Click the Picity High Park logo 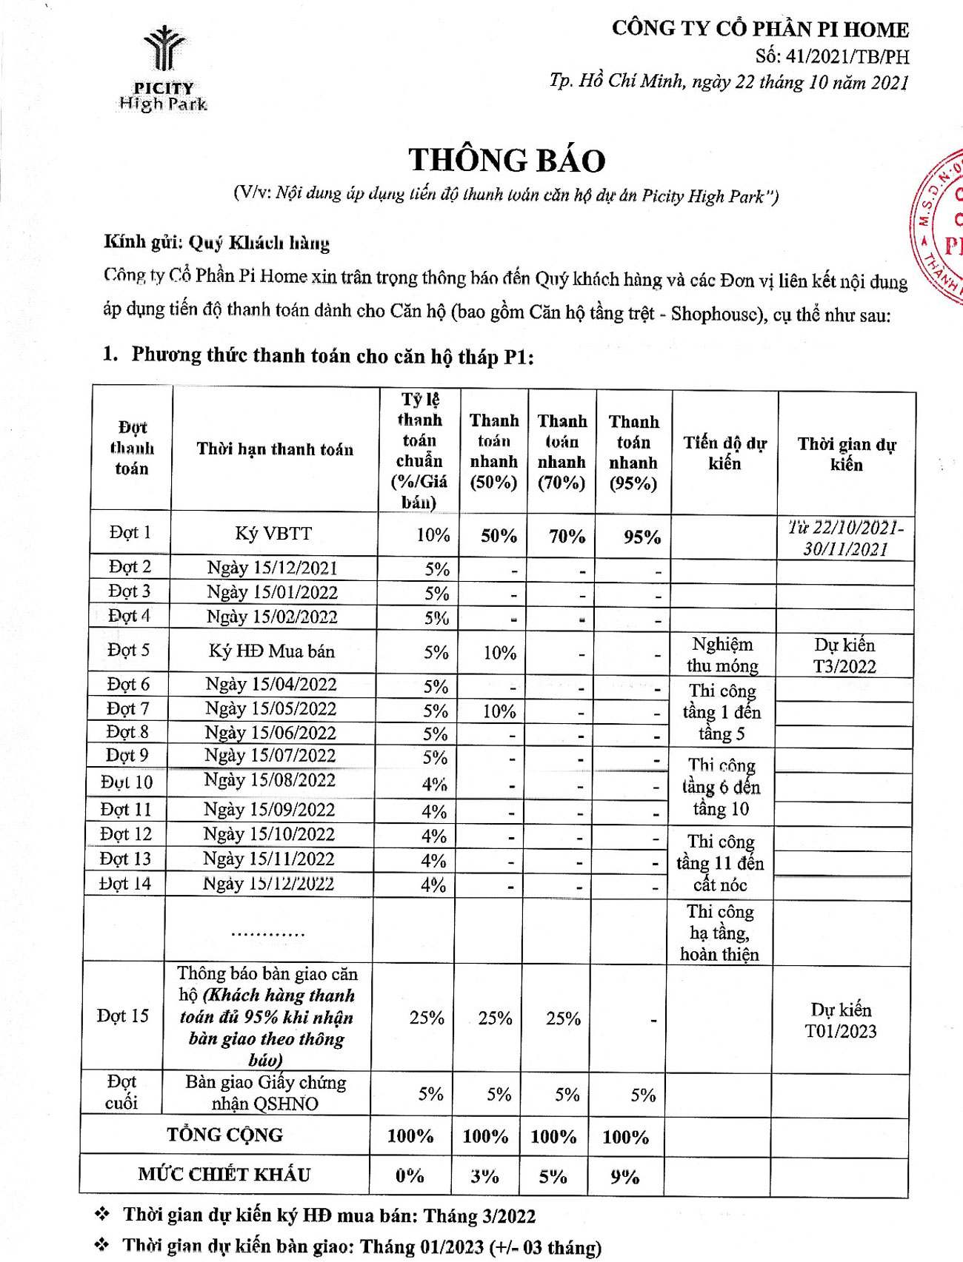(x=164, y=69)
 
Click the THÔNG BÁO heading (x=507, y=161)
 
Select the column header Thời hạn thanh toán (x=275, y=449)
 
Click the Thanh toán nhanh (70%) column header (x=562, y=452)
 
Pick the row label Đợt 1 (x=130, y=533)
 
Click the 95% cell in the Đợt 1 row (x=642, y=537)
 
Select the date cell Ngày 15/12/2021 (x=272, y=568)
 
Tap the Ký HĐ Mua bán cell (x=272, y=651)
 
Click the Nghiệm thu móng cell (x=722, y=655)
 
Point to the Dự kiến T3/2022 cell (x=844, y=656)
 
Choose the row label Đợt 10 (x=127, y=782)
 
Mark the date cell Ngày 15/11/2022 (x=269, y=859)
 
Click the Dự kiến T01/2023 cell (x=841, y=1021)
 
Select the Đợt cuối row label (x=121, y=1092)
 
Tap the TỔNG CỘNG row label (x=225, y=1135)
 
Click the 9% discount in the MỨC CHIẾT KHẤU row (x=624, y=1176)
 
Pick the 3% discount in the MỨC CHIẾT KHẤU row (x=484, y=1176)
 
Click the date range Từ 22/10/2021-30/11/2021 (x=845, y=538)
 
